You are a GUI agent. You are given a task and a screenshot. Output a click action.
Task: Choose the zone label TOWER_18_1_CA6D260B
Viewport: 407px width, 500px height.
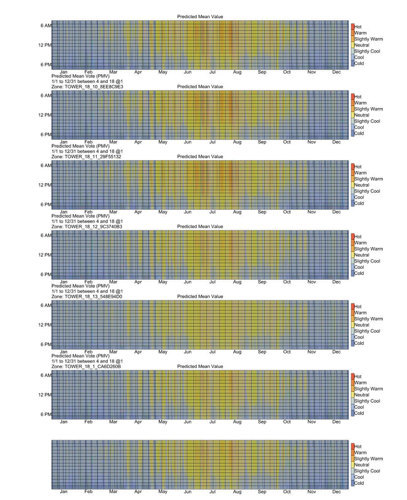(x=86, y=366)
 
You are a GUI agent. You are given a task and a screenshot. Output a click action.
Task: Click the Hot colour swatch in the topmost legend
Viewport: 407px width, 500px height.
(x=352, y=27)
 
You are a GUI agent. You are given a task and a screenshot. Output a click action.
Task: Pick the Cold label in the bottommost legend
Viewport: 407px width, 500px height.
(x=359, y=483)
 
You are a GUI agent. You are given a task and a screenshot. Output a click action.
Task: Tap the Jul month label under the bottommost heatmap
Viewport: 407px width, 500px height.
(x=212, y=491)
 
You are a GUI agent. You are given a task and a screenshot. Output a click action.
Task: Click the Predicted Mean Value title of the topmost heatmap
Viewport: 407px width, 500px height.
(x=200, y=17)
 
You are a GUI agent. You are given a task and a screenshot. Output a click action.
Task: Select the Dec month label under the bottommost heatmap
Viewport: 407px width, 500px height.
(x=336, y=491)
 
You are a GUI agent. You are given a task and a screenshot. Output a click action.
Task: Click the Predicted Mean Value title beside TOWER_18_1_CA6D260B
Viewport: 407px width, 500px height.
(x=200, y=366)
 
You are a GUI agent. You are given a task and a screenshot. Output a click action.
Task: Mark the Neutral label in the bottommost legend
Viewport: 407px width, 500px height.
(x=362, y=465)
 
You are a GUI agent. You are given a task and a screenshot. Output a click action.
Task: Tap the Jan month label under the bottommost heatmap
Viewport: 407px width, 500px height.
(x=64, y=491)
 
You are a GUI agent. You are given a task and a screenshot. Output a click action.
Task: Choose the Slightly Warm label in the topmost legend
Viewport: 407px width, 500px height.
(x=368, y=39)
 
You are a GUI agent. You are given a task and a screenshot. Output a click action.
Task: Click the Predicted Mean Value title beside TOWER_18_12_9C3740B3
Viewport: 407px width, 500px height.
(x=200, y=226)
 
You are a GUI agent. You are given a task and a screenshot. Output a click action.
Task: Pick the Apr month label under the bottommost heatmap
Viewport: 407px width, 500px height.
(x=138, y=491)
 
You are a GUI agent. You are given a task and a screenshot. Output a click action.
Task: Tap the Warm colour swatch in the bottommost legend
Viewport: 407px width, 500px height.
(x=352, y=452)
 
